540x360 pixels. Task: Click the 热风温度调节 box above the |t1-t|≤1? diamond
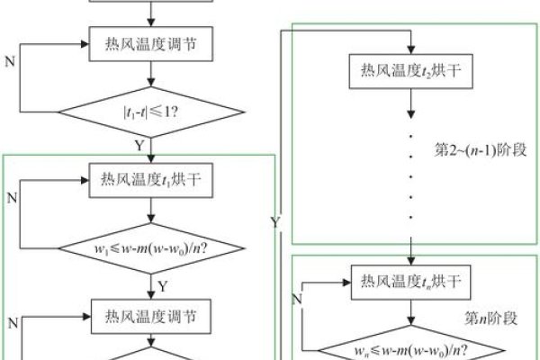pos(155,40)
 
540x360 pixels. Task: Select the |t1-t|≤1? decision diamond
pos(155,113)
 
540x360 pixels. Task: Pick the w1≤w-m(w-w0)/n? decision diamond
pos(155,245)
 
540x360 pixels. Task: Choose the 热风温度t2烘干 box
pos(410,69)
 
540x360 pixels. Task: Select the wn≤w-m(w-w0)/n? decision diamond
pos(410,346)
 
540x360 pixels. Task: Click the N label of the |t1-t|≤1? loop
pos(10,66)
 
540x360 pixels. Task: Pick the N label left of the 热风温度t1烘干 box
pos(10,194)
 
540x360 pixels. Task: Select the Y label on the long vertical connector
pos(274,220)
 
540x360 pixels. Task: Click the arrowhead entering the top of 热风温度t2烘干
pos(410,48)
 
